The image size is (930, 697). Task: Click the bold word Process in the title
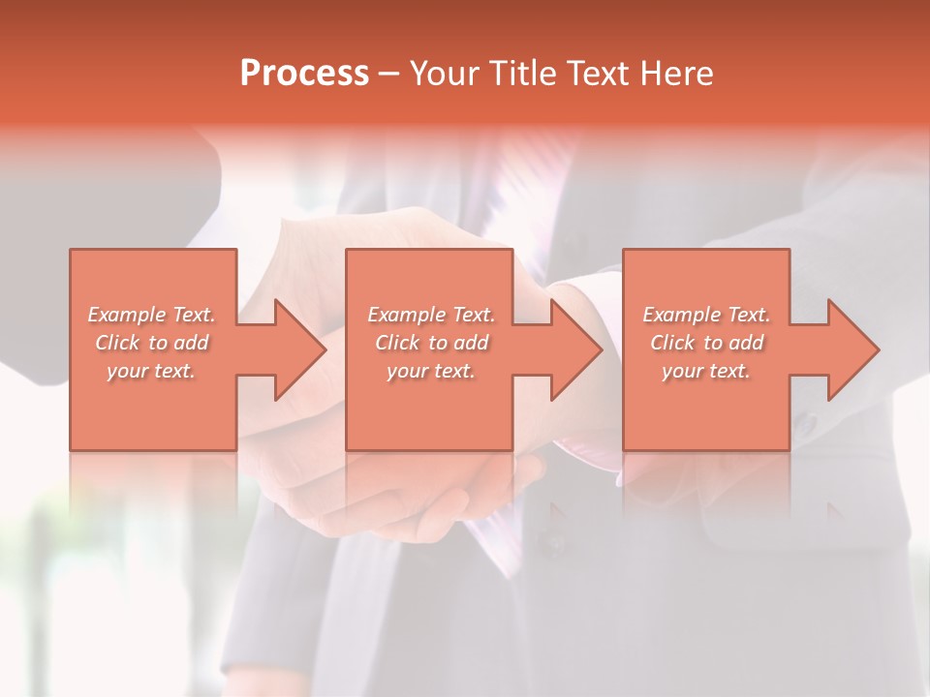(x=304, y=74)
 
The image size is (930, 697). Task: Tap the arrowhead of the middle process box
(x=575, y=349)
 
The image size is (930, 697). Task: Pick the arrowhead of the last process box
(x=852, y=349)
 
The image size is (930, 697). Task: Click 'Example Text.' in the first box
(x=151, y=315)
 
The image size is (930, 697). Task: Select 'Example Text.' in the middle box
(x=431, y=315)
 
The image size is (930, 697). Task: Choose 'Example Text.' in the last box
(x=706, y=315)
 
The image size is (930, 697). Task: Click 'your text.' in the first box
(x=151, y=371)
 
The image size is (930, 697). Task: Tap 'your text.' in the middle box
(x=431, y=371)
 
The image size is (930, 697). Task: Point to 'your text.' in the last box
(x=706, y=371)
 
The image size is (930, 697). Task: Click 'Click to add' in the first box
(x=151, y=343)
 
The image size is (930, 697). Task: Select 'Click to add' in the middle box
(x=431, y=343)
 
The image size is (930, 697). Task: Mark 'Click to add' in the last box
(x=706, y=343)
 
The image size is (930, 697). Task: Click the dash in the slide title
(x=389, y=75)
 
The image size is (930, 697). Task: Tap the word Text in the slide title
(x=592, y=74)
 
